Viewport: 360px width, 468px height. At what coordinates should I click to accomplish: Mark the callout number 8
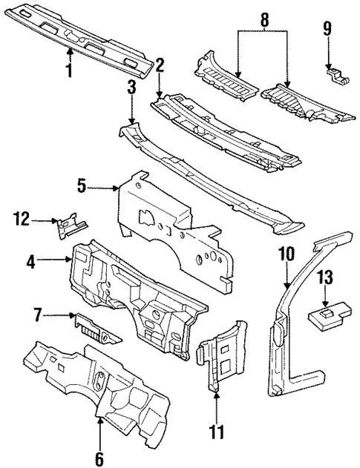(x=264, y=17)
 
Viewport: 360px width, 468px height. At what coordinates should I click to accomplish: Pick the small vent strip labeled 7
(x=94, y=326)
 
